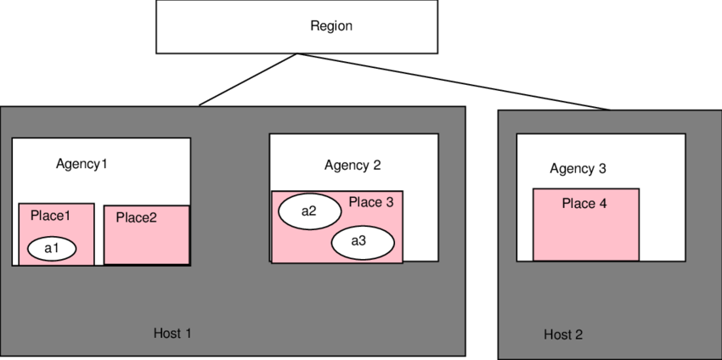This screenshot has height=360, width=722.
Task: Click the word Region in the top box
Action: pyautogui.click(x=330, y=26)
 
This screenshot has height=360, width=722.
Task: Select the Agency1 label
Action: pyautogui.click(x=82, y=163)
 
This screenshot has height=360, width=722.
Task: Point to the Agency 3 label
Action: pyautogui.click(x=578, y=168)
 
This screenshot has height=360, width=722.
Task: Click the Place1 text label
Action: pyautogui.click(x=50, y=216)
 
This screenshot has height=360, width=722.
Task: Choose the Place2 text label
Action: pyautogui.click(x=136, y=217)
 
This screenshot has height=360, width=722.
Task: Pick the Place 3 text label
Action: pyautogui.click(x=371, y=202)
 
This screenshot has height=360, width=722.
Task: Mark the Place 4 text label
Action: pyautogui.click(x=584, y=204)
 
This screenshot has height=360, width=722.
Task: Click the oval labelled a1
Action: pyautogui.click(x=52, y=248)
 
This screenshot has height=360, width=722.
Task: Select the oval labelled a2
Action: pyautogui.click(x=309, y=211)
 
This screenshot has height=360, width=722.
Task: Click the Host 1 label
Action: pyautogui.click(x=172, y=333)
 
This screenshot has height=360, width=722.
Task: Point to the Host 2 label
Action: pyautogui.click(x=563, y=335)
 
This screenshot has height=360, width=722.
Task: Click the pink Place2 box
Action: pyautogui.click(x=146, y=242)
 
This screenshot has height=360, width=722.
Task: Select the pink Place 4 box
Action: pyautogui.click(x=585, y=233)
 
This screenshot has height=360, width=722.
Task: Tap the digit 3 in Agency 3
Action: pyautogui.click(x=602, y=168)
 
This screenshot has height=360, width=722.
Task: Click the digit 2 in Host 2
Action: pyautogui.click(x=578, y=335)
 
